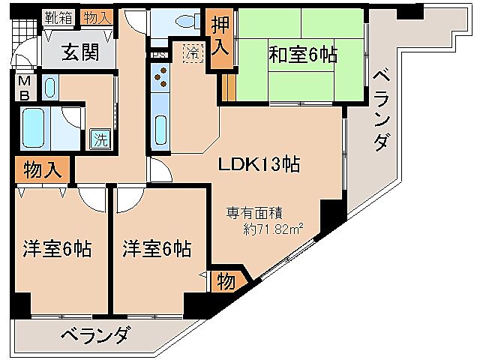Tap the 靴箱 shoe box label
pyautogui.click(x=58, y=16)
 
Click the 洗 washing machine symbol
pyautogui.click(x=99, y=138)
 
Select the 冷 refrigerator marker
pyautogui.click(x=193, y=52)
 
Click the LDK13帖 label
pyautogui.click(x=259, y=164)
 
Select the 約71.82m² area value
pyautogui.click(x=274, y=229)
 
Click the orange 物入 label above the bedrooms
pyautogui.click(x=42, y=169)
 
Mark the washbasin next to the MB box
pyautogui.click(x=49, y=88)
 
